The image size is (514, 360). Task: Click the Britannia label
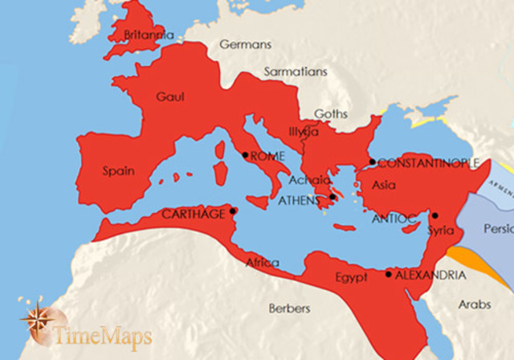146,35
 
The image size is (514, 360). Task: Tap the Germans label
245,45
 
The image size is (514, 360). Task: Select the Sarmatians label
296,72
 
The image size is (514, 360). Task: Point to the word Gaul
171,96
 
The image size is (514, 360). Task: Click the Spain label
118,170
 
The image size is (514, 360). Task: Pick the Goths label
331,113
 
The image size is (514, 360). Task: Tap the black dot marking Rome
245,155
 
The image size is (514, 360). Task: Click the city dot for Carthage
233,211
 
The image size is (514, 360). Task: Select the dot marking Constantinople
372,162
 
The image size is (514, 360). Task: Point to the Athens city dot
332,197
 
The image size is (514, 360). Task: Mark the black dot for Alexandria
389,275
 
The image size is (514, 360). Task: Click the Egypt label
351,277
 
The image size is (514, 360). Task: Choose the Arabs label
474,305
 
